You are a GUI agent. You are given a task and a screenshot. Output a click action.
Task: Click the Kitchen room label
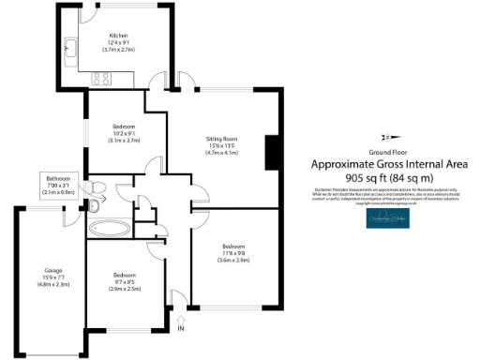pyautogui.click(x=117, y=35)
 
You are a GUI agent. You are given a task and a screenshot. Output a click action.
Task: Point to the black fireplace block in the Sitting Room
pyautogui.click(x=272, y=153)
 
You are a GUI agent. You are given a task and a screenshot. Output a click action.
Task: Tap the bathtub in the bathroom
pyautogui.click(x=110, y=227)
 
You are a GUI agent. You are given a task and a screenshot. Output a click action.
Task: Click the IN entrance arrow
pyautogui.click(x=181, y=323)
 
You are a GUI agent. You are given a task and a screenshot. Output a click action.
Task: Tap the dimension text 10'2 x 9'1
pyautogui.click(x=125, y=132)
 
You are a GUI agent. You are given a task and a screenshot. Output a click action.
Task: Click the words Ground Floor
pyautogui.click(x=387, y=151)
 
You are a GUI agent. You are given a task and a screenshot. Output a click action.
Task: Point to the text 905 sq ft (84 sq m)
pyautogui.click(x=388, y=176)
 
